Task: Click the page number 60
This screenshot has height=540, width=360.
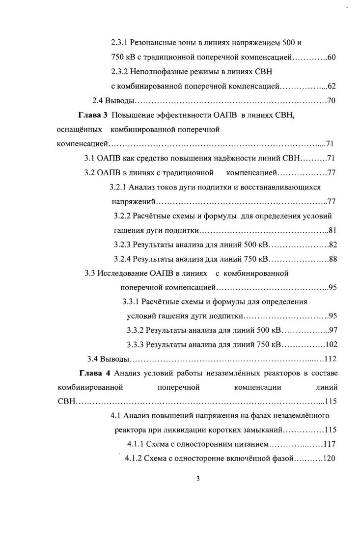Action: (x=331, y=58)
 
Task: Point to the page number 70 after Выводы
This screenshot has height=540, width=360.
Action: (x=331, y=101)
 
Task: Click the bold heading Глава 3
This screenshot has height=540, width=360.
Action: (x=93, y=115)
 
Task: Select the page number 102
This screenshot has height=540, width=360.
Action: (x=331, y=344)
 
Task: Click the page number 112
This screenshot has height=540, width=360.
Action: (x=330, y=358)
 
